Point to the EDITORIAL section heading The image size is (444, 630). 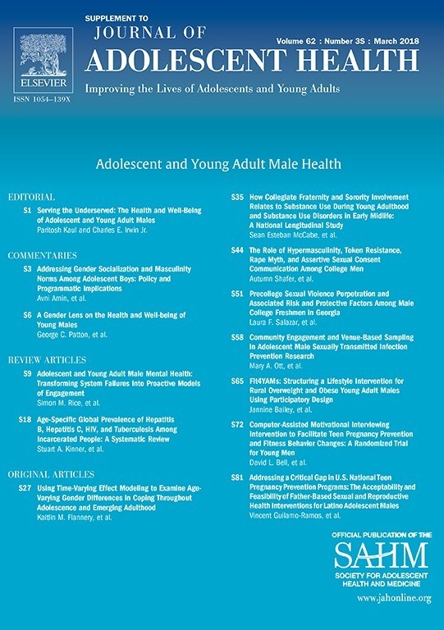click(31, 199)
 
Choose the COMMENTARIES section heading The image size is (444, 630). click(42, 256)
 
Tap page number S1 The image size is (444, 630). click(27, 210)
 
